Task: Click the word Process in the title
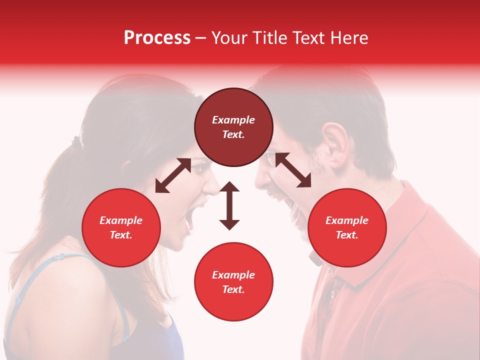157,38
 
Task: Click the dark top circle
233,127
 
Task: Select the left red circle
121,227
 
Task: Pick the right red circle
346,227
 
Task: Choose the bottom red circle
233,281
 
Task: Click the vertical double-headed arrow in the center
229,205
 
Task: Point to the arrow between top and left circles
173,175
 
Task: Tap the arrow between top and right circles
292,170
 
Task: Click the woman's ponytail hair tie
75,142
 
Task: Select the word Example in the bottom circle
233,274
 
